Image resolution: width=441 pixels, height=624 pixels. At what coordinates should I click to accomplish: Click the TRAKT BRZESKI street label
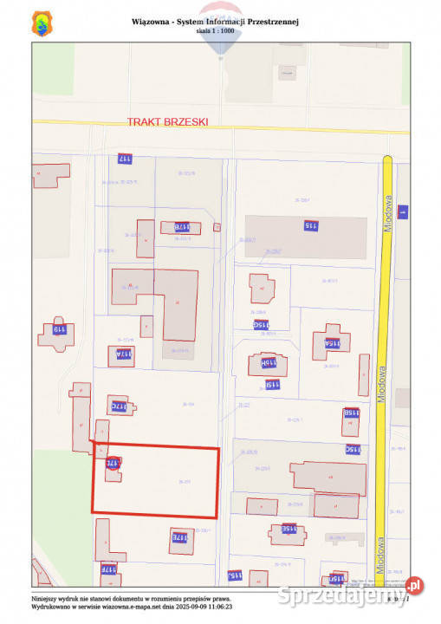tap(167, 122)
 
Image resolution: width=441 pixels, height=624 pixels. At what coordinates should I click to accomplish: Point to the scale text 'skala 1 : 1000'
tap(215, 30)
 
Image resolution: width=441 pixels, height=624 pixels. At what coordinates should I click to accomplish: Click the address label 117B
tap(180, 227)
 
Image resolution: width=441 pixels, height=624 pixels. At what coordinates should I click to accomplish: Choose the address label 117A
tap(121, 354)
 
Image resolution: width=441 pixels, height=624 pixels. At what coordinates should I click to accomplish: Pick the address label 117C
tap(118, 406)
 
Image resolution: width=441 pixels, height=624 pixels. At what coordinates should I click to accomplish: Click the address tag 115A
tap(333, 343)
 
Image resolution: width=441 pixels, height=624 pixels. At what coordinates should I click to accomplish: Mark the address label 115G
tap(261, 325)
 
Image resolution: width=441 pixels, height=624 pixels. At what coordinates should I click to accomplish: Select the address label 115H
tap(269, 363)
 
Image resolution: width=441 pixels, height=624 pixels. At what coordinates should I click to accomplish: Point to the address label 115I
tap(272, 384)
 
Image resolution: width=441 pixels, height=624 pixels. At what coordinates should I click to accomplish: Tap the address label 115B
tap(351, 413)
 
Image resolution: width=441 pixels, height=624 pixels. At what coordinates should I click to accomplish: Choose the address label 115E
tap(289, 528)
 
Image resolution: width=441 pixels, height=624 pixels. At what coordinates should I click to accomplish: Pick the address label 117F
tap(108, 569)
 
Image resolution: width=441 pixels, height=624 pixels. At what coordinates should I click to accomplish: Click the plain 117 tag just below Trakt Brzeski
tap(125, 159)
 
